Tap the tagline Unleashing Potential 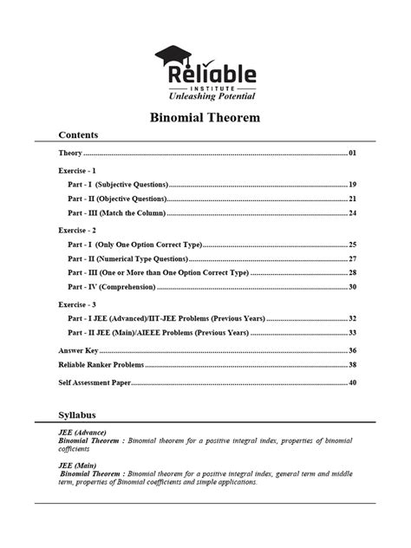click(x=206, y=95)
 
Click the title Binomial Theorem click(x=205, y=117)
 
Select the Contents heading click(x=78, y=135)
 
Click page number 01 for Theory click(x=353, y=153)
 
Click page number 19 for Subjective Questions click(x=353, y=185)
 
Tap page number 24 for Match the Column click(x=353, y=212)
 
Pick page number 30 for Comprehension click(x=353, y=286)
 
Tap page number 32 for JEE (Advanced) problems click(x=353, y=318)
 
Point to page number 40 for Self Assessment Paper click(x=353, y=382)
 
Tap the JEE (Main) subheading click(x=77, y=465)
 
